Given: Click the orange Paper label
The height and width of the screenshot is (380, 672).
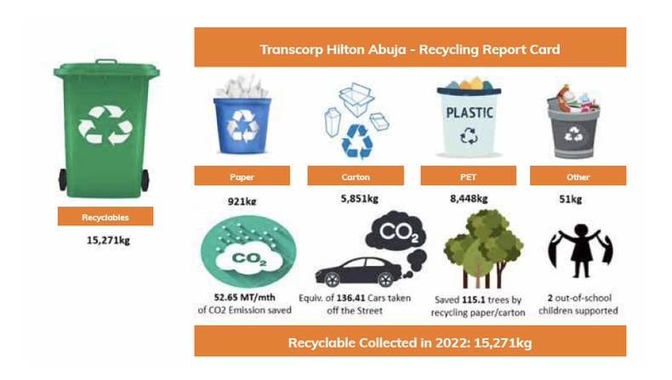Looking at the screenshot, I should (x=242, y=176).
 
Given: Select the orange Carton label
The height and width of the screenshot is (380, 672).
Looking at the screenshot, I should (x=355, y=176).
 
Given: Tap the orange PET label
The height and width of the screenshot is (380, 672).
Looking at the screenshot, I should (x=468, y=176).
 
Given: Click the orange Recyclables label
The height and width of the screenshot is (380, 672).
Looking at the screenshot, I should (x=105, y=217).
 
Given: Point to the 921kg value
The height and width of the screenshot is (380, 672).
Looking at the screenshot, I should (x=242, y=201).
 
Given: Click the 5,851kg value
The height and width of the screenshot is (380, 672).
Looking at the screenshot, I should (x=355, y=199).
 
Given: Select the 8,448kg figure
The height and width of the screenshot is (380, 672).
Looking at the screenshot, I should (x=469, y=199).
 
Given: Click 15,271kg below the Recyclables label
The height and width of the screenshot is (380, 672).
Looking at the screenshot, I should (x=108, y=241).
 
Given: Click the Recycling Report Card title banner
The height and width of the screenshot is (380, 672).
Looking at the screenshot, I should (x=409, y=48).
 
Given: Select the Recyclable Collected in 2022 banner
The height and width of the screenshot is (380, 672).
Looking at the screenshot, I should (x=409, y=343).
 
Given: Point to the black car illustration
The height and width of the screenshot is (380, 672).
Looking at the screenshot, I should (x=355, y=269).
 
